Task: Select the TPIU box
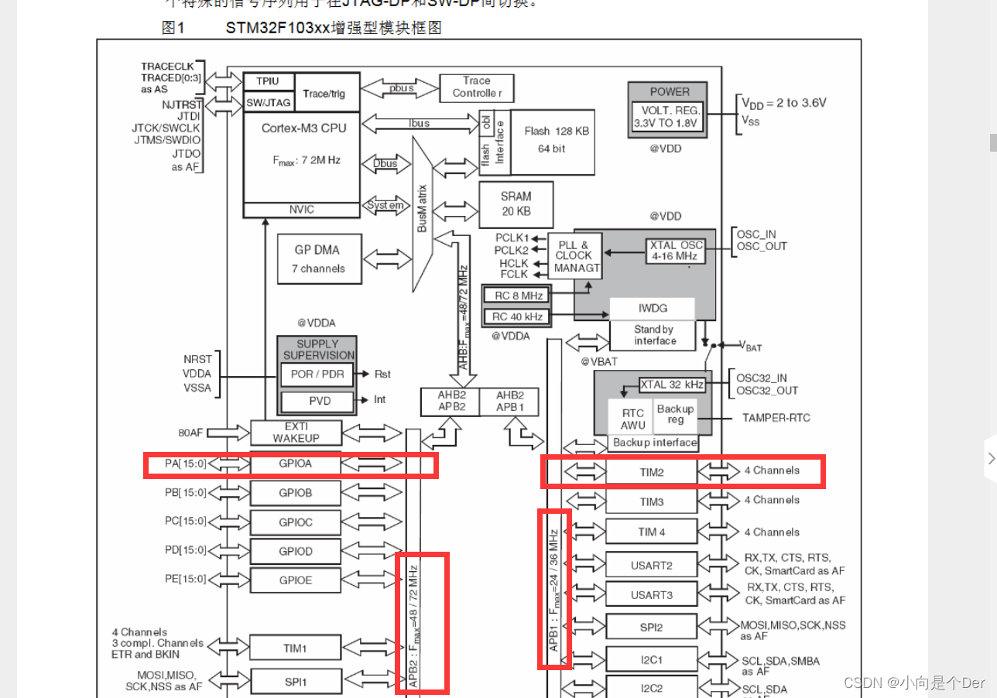268,81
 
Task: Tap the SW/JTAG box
268,101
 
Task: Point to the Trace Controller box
477,87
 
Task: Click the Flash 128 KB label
557,131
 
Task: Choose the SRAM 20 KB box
516,204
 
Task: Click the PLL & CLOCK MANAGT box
574,255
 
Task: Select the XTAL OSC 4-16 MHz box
675,250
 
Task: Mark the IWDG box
653,308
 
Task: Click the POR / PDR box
317,374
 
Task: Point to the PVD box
317,400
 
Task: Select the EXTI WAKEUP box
296,433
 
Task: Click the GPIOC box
296,522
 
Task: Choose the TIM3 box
651,501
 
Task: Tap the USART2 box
651,565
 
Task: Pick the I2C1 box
651,660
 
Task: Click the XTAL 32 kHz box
672,385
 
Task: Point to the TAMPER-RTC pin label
776,418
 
